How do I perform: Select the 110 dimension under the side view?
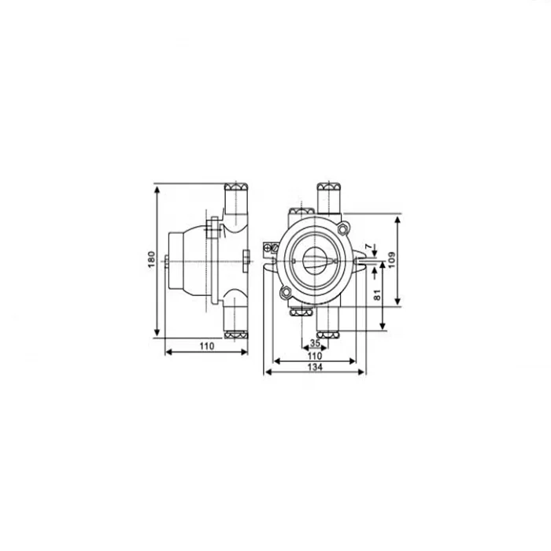coord(205,346)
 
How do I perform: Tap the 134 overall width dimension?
coord(314,367)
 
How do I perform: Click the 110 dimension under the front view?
coord(314,356)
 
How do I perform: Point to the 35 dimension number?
coord(314,344)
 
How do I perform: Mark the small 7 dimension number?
coord(369,247)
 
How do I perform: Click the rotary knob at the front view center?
coord(313,258)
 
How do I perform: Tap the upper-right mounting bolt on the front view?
coord(344,227)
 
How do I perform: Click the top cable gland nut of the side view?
coord(236,188)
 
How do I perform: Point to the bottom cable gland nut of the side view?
coord(236,331)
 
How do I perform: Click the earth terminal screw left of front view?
coord(270,249)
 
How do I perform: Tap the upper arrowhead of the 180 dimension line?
coord(157,190)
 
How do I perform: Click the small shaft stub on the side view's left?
coord(167,261)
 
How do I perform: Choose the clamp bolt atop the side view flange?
coord(211,229)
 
